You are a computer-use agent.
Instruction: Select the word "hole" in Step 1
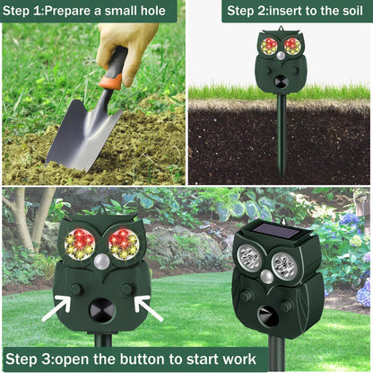tap(152, 11)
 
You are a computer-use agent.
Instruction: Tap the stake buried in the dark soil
tap(282, 135)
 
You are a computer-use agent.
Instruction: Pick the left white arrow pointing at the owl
tap(56, 307)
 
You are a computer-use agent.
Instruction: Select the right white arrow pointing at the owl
tap(149, 308)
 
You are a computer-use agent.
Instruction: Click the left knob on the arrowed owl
tap(76, 289)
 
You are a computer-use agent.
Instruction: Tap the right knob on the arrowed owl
tap(127, 289)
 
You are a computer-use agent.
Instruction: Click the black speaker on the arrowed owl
tap(102, 310)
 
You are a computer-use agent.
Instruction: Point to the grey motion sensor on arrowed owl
tap(102, 262)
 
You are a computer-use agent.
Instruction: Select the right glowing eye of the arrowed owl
tap(124, 244)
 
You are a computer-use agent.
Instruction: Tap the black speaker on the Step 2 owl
tap(281, 81)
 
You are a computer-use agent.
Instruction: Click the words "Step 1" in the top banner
tap(22, 11)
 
